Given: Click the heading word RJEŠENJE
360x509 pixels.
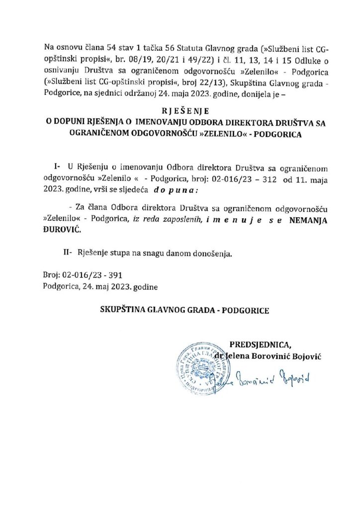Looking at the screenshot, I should (x=180, y=111).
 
